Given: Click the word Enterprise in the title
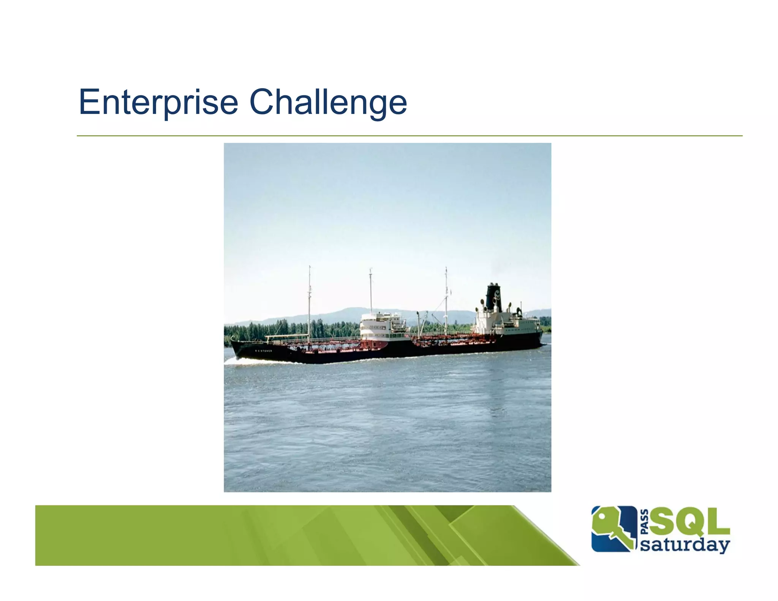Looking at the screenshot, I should click(x=158, y=102).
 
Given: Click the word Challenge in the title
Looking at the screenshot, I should click(x=328, y=102).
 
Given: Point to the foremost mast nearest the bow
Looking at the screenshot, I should click(x=309, y=300).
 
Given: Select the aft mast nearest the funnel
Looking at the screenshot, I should click(x=446, y=296).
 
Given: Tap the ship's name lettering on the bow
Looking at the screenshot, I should click(x=263, y=351).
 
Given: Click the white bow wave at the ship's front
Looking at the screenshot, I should click(x=243, y=361).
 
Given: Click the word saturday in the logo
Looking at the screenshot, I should click(x=685, y=545).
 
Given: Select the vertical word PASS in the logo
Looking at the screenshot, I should click(x=644, y=522).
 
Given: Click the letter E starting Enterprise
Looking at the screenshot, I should click(x=88, y=102).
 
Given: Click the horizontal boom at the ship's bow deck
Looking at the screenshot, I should click(x=285, y=336).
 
